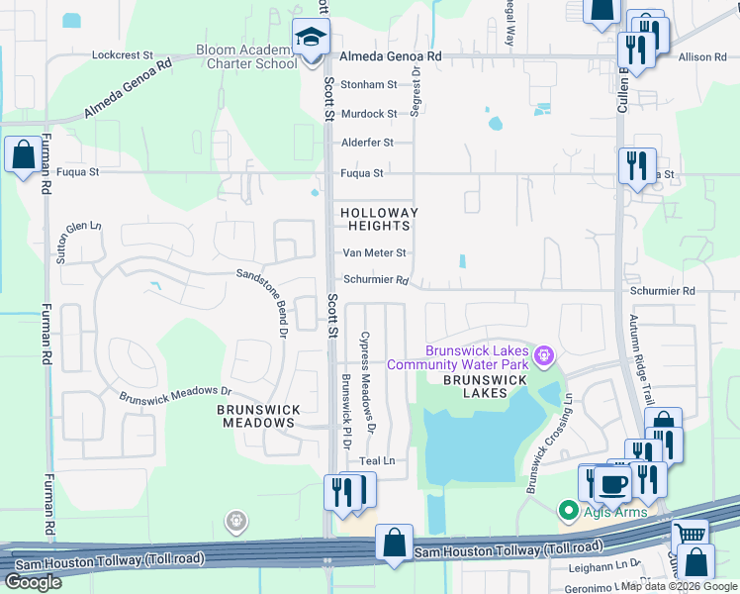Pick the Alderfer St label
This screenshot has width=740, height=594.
click(x=367, y=143)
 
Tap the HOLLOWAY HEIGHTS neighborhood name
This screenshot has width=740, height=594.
click(x=379, y=220)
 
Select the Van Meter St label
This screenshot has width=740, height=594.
click(x=373, y=253)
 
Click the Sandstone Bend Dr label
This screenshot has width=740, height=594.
click(x=266, y=296)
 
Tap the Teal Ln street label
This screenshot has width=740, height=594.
click(x=377, y=461)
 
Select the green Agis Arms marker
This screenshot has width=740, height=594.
click(x=569, y=511)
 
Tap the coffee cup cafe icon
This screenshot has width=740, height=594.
click(x=613, y=485)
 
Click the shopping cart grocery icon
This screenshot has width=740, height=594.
click(x=690, y=535)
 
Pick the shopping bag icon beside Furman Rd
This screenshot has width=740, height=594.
click(x=23, y=155)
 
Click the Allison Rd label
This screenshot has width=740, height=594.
click(x=702, y=57)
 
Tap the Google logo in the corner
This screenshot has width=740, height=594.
click(x=33, y=582)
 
